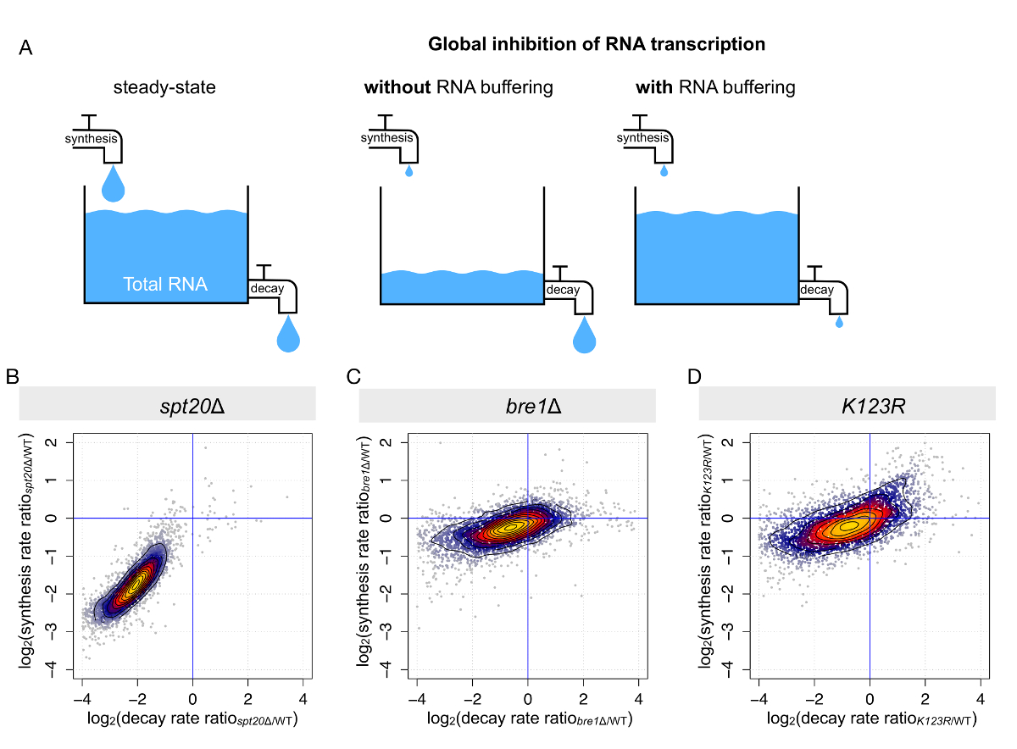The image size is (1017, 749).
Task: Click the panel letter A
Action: pyautogui.click(x=26, y=48)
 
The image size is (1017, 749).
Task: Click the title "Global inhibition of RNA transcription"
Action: pyautogui.click(x=597, y=44)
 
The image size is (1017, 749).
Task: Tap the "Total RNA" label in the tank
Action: pyautogui.click(x=165, y=285)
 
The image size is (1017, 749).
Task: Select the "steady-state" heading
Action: pyautogui.click(x=166, y=87)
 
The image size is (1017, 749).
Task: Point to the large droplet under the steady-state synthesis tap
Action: pyautogui.click(x=113, y=183)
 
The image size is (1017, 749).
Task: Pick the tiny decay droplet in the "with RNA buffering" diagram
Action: pyautogui.click(x=839, y=322)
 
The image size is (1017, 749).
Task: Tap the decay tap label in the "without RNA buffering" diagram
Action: pyautogui.click(x=563, y=290)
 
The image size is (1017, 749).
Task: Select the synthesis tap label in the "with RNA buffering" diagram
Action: pyautogui.click(x=642, y=138)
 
